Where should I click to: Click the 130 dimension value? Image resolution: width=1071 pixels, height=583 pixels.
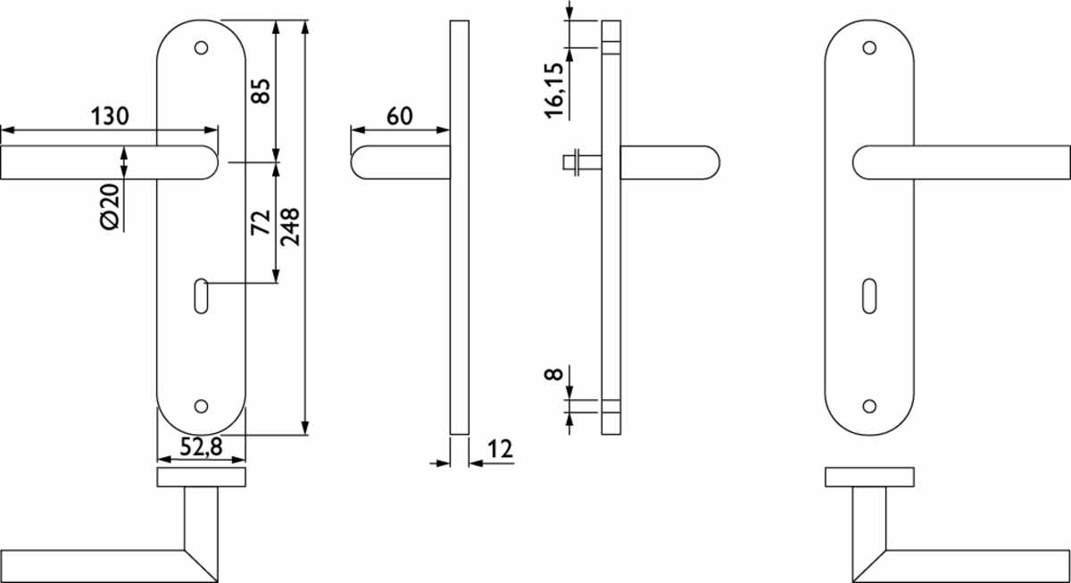tap(110, 116)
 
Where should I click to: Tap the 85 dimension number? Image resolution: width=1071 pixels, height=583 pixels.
tap(261, 91)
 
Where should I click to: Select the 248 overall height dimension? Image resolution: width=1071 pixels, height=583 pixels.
tap(290, 227)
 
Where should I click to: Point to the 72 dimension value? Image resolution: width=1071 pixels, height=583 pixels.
tap(261, 222)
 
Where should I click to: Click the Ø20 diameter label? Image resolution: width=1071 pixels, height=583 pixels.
tap(110, 206)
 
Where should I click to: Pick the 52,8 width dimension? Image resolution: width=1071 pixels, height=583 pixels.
tap(202, 447)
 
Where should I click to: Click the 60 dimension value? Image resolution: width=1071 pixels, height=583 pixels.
tap(399, 116)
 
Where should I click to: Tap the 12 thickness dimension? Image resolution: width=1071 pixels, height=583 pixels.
tap(500, 449)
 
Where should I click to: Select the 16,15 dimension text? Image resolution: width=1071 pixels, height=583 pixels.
tap(554, 90)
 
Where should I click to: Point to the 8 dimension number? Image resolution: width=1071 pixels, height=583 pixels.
tap(553, 373)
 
